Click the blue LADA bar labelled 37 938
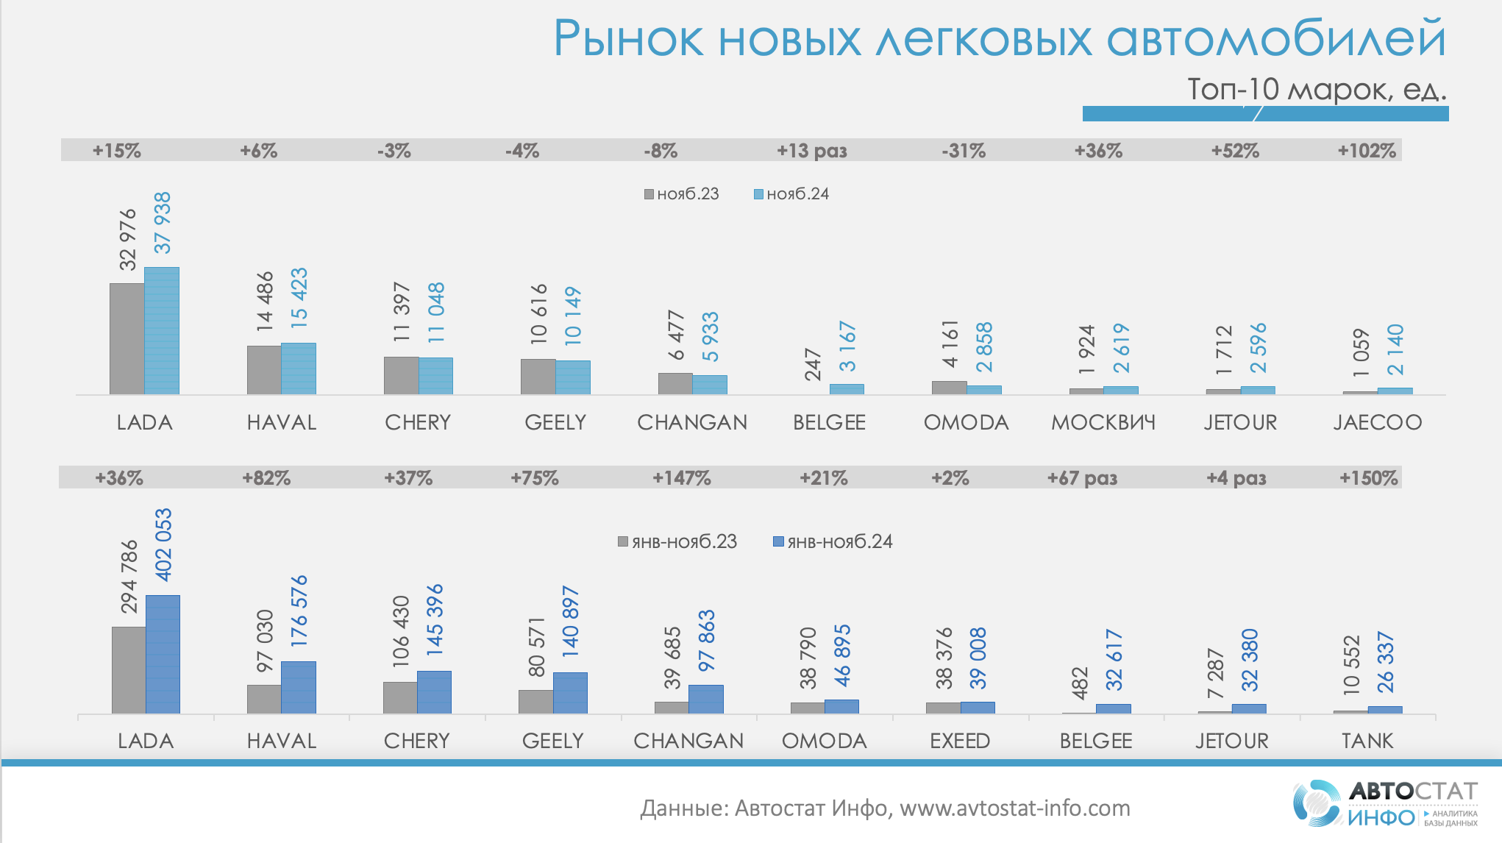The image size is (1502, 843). [162, 331]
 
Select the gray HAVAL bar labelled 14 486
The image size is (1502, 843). [264, 370]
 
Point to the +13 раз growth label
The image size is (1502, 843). [812, 151]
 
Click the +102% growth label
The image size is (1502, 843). [1367, 151]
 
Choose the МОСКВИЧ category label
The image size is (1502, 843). [1103, 422]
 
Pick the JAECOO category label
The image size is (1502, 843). [1378, 422]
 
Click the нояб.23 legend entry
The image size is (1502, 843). [681, 194]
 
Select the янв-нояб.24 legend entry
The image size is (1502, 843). [833, 542]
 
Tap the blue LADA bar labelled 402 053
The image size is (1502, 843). [163, 654]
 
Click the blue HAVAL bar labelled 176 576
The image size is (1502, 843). [299, 687]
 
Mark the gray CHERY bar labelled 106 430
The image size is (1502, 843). [400, 697]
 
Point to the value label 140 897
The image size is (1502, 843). [571, 622]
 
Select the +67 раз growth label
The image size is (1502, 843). [1082, 478]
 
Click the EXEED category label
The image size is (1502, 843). [960, 741]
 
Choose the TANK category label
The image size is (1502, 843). [1367, 741]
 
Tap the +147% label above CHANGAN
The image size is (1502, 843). [682, 478]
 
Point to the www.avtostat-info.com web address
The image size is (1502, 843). [1015, 808]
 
